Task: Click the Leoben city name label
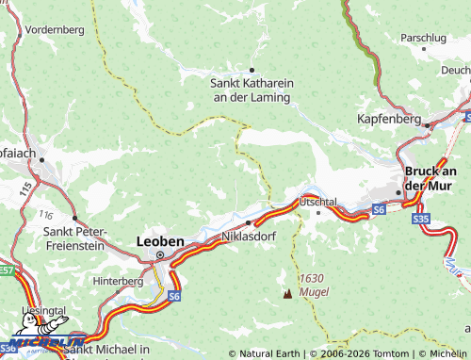160,241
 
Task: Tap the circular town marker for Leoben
159,254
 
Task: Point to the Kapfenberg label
389,119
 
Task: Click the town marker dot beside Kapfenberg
427,124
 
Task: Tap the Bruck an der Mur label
430,177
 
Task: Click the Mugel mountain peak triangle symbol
287,294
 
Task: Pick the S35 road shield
421,219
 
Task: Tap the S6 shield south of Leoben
174,296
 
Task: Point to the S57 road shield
7,270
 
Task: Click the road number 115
22,189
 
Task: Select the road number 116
46,216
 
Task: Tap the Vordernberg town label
55,29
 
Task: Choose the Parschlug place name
422,38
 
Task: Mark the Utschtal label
317,202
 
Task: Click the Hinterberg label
119,281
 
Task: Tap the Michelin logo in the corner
42,342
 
